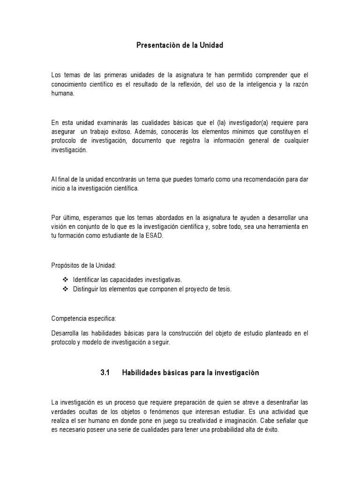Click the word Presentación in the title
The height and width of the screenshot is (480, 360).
click(157, 45)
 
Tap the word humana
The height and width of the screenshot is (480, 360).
click(63, 93)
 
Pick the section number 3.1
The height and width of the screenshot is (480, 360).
click(105, 373)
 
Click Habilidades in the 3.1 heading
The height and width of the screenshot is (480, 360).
click(142, 373)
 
